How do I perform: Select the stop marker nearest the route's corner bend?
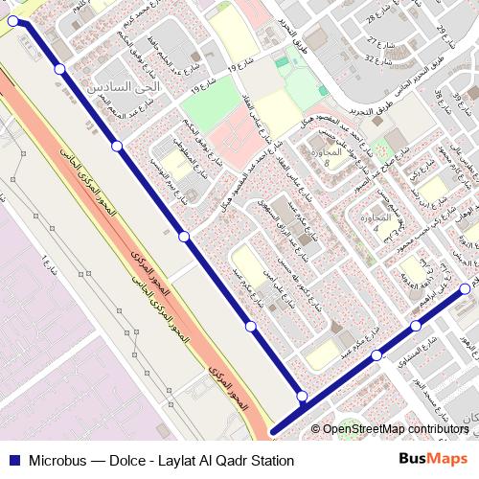[x=302, y=396]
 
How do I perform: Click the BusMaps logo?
[x=432, y=460]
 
